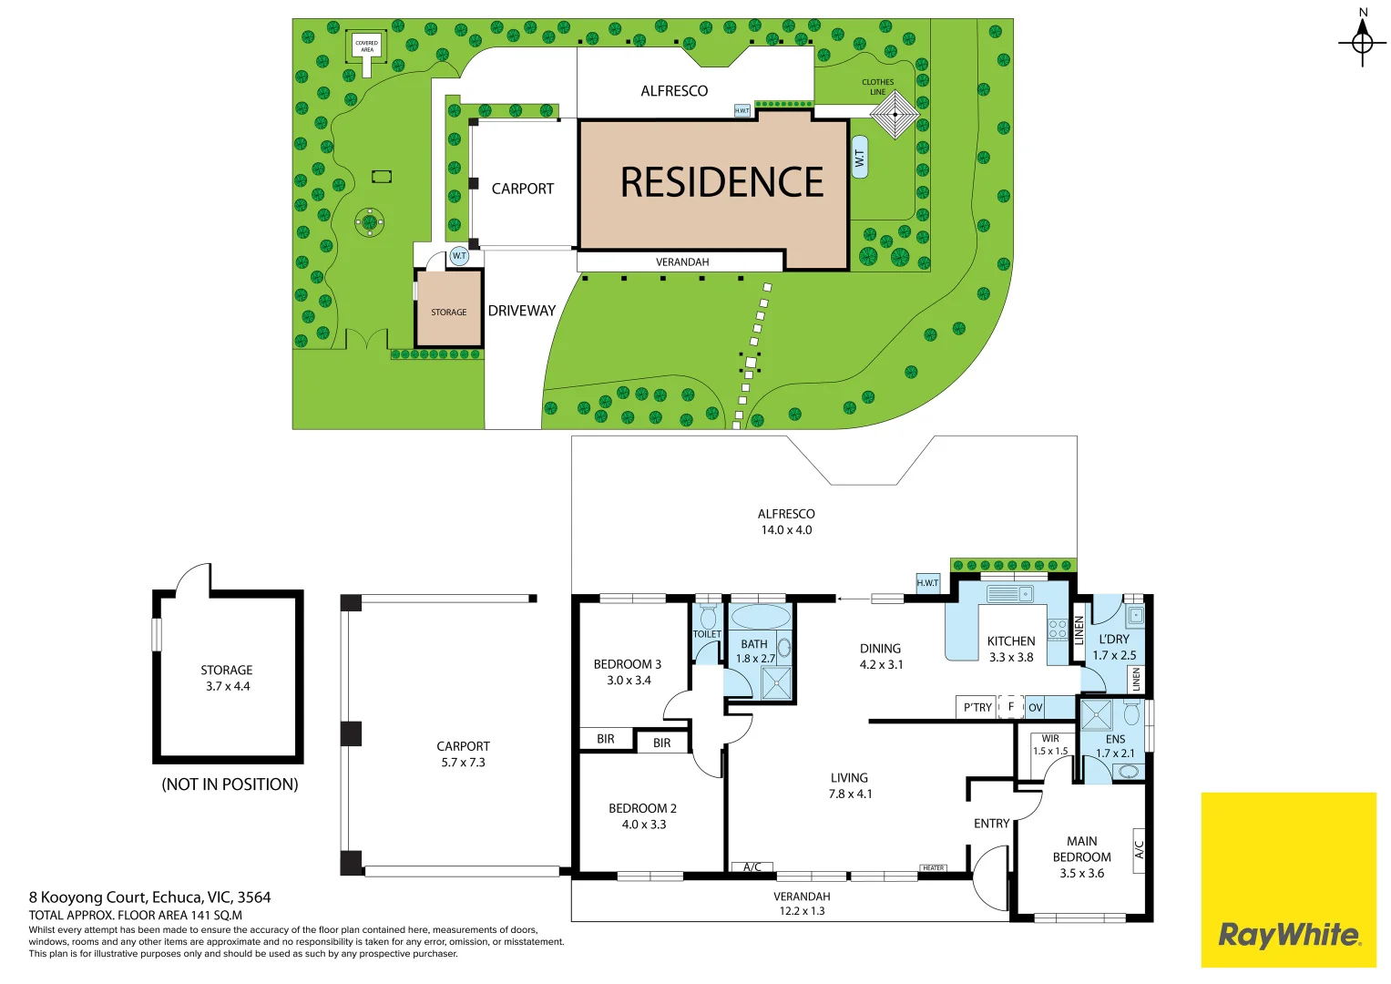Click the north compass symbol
click(x=1362, y=42)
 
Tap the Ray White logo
click(x=1288, y=935)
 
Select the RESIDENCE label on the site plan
click(x=721, y=182)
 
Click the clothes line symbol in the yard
click(x=895, y=115)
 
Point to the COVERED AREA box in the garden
click(x=366, y=46)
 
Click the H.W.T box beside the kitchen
click(x=927, y=583)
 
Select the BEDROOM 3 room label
click(x=628, y=664)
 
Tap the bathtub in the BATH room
click(x=760, y=617)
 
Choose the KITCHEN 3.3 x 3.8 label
click(x=1011, y=649)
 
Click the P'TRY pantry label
click(x=977, y=707)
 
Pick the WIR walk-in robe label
click(x=1050, y=739)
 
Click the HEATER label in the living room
click(x=933, y=867)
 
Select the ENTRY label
click(x=991, y=824)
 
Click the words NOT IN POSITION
click(x=230, y=784)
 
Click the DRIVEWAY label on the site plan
click(x=521, y=311)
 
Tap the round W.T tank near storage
click(x=459, y=256)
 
